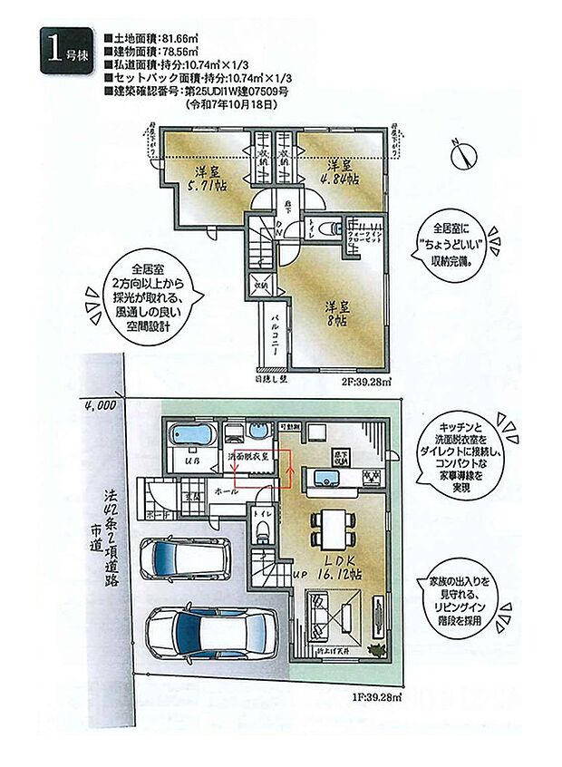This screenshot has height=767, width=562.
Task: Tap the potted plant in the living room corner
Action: [x=381, y=652]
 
